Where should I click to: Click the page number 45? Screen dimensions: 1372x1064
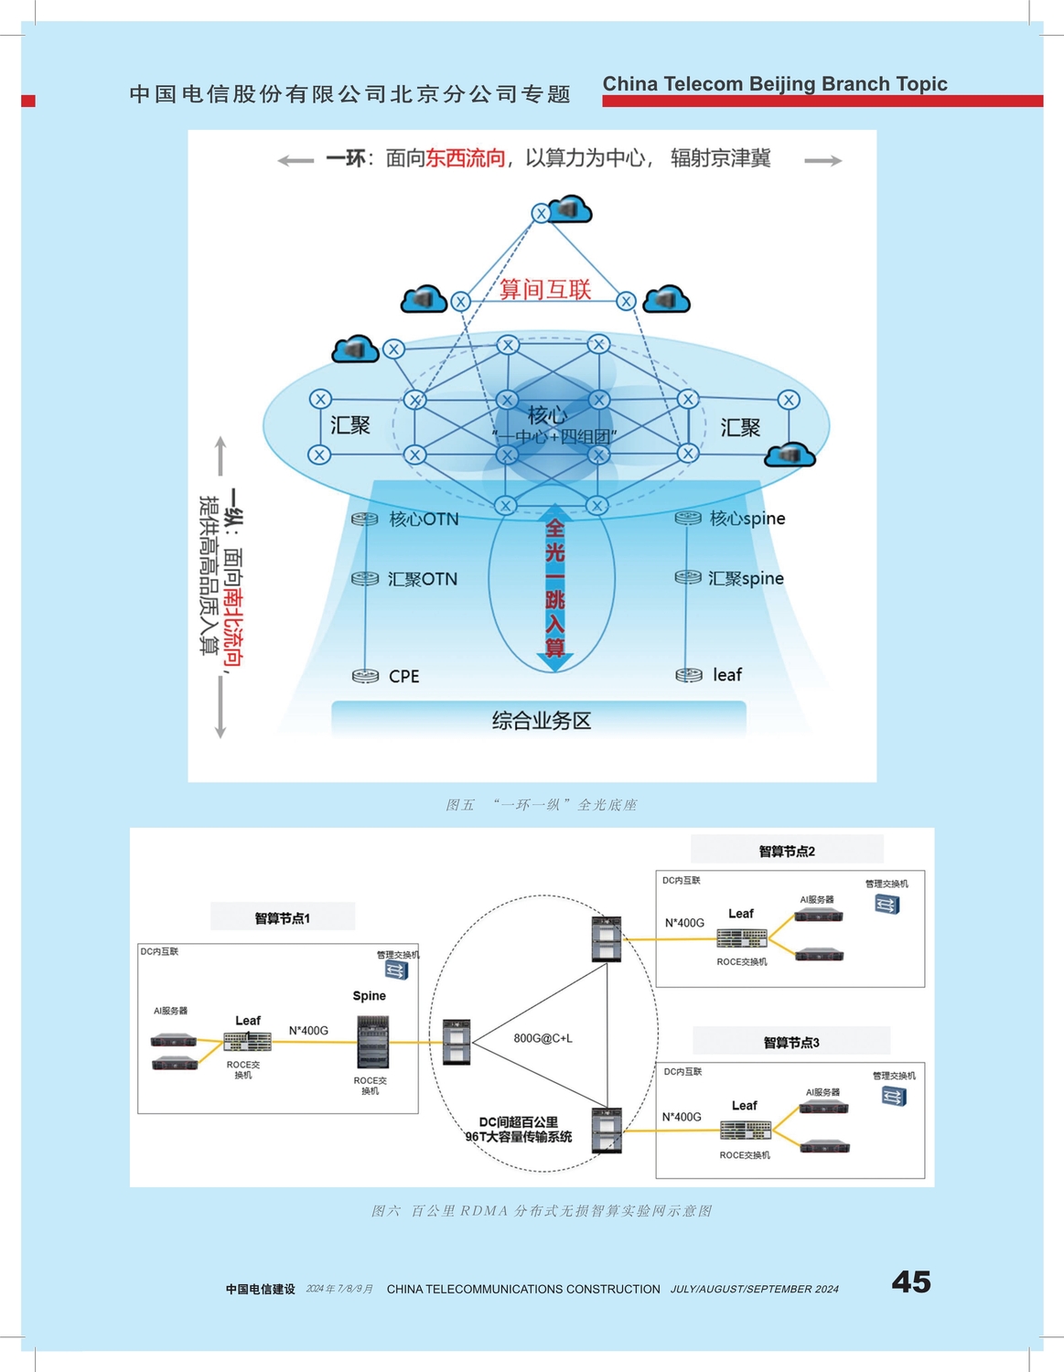910,1281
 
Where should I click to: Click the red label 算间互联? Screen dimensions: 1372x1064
545,290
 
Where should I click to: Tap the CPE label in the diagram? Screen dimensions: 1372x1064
403,677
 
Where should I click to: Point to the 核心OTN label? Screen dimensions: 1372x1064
424,520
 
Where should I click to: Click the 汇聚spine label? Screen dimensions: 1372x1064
746,578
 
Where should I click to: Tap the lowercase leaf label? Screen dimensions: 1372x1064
727,675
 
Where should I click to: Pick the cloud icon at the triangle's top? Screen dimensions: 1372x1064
570,209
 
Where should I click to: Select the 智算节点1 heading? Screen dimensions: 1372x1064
283,917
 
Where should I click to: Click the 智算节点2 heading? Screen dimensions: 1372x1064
787,851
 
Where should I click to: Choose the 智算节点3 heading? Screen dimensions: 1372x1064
791,1042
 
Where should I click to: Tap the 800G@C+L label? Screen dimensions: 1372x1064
543,1038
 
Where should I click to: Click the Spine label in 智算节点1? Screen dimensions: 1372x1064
370,995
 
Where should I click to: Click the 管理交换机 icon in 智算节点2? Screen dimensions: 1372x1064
887,905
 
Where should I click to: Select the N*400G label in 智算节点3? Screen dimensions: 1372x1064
682,1117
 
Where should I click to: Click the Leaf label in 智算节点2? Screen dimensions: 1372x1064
741,913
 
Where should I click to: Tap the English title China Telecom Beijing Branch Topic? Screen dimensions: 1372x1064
775,84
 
